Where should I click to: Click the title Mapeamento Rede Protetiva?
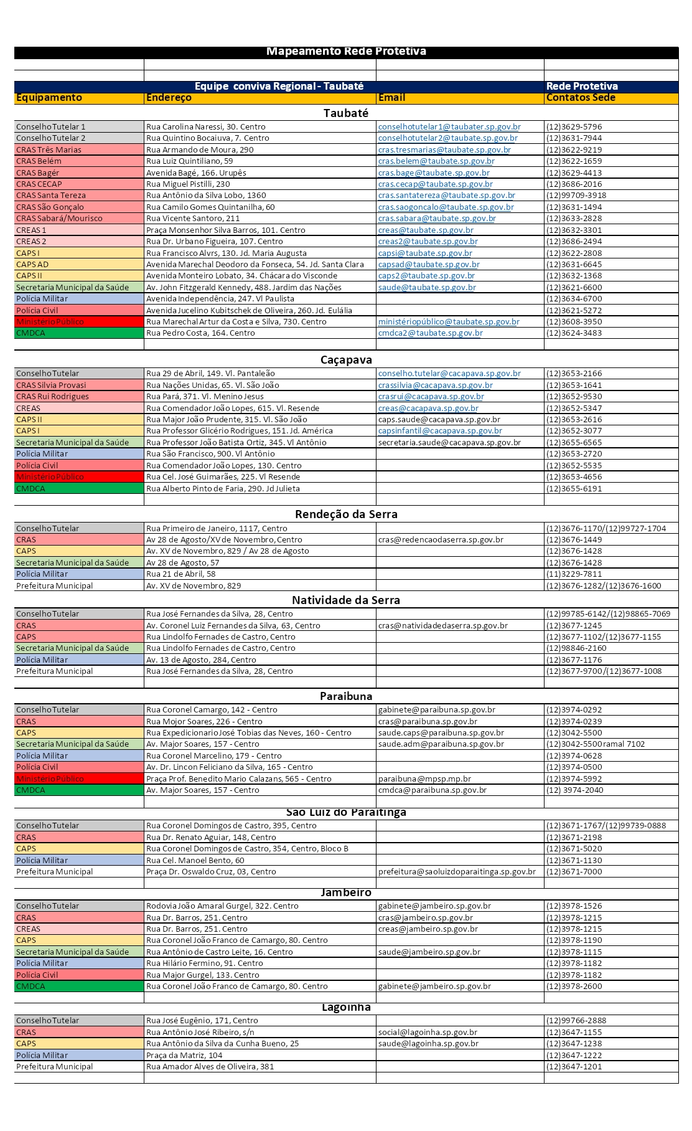coord(346,52)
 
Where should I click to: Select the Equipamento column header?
coord(49,98)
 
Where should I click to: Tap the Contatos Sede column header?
coord(581,98)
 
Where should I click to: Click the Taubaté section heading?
coord(346,113)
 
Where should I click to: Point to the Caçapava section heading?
coord(346,360)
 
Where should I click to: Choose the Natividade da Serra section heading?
coord(346,600)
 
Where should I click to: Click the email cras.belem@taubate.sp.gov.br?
coord(436,161)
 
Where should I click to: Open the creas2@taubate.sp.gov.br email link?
coord(428,242)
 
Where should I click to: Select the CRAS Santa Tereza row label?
coord(51,196)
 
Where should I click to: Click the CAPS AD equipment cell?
coord(32,265)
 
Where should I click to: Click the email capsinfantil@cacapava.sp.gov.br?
coord(440,431)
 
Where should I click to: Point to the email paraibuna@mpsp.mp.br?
coord(424,779)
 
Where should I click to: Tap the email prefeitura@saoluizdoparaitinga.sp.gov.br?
coord(457,872)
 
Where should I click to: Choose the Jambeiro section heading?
coord(346,892)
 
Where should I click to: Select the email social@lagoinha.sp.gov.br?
coord(428,1033)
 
